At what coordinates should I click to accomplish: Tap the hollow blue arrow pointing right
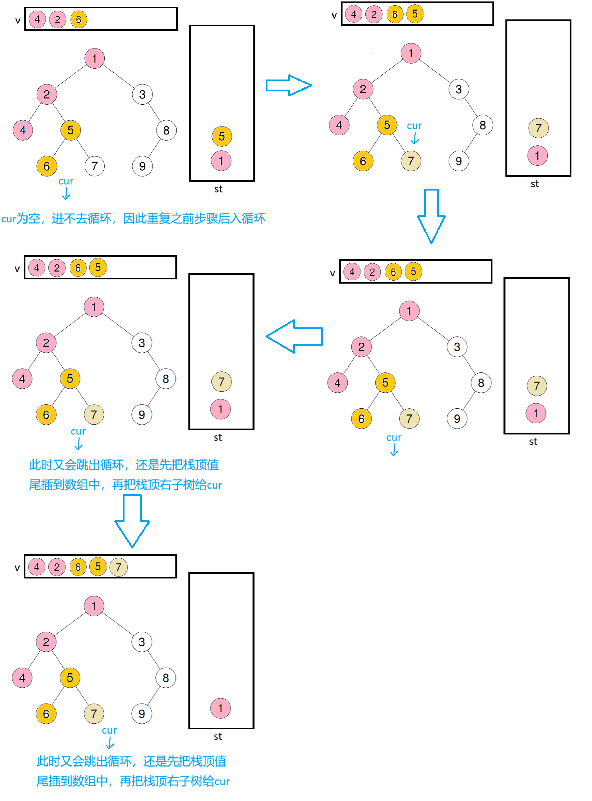[x=288, y=85]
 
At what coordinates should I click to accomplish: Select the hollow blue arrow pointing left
[x=295, y=336]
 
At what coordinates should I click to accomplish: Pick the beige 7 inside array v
[x=119, y=567]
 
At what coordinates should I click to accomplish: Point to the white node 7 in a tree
[x=94, y=166]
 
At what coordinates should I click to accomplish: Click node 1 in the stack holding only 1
[x=220, y=708]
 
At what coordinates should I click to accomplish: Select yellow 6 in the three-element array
[x=78, y=19]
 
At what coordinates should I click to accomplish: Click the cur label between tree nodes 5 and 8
[x=414, y=126]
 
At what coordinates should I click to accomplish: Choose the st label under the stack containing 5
[x=218, y=189]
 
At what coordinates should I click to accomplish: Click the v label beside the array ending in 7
[x=17, y=568]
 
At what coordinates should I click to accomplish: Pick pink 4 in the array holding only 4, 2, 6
[x=37, y=19]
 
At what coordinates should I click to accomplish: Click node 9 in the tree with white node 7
[x=142, y=166]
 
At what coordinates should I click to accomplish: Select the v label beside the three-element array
[x=17, y=20]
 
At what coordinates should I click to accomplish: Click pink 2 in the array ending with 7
[x=57, y=567]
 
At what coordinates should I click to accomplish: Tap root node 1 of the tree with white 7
[x=94, y=58]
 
